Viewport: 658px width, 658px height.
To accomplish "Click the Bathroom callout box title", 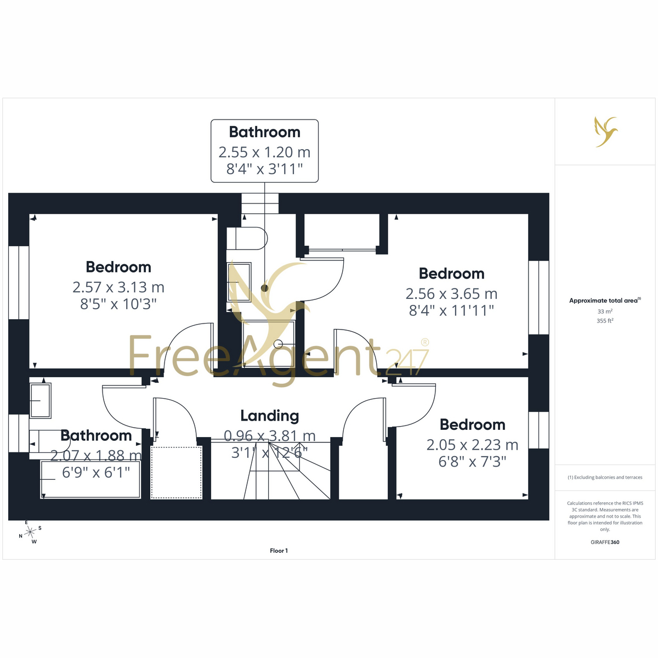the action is [x=264, y=132].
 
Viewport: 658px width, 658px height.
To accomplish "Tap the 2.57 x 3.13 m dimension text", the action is [x=118, y=287].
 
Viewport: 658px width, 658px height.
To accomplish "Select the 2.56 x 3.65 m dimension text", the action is [x=451, y=294].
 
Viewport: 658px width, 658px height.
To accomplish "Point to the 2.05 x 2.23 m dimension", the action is [x=472, y=445].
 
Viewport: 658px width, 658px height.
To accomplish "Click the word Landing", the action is [x=269, y=416].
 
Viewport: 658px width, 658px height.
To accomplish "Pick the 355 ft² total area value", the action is [x=605, y=321].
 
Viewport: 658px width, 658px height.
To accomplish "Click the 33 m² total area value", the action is [x=605, y=311].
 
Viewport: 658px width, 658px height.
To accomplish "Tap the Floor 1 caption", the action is [x=279, y=551].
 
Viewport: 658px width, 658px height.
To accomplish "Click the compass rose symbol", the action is [x=30, y=532].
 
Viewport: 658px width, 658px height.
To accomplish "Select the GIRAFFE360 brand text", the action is [x=605, y=542].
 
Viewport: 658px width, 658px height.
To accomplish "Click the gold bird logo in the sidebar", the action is [x=606, y=132].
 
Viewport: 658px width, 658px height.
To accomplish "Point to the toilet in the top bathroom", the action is [x=247, y=239].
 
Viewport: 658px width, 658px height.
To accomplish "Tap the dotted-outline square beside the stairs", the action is [x=176, y=473].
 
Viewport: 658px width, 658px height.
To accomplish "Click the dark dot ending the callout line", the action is [x=264, y=288].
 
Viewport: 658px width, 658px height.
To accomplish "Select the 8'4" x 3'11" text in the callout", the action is [x=264, y=169].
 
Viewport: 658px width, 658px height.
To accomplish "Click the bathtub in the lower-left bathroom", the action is [x=90, y=479].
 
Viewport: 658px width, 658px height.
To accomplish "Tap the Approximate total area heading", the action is [x=605, y=300].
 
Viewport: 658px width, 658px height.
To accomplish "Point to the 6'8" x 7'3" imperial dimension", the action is [x=472, y=462].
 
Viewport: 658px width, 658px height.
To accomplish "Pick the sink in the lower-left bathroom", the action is [x=40, y=400].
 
